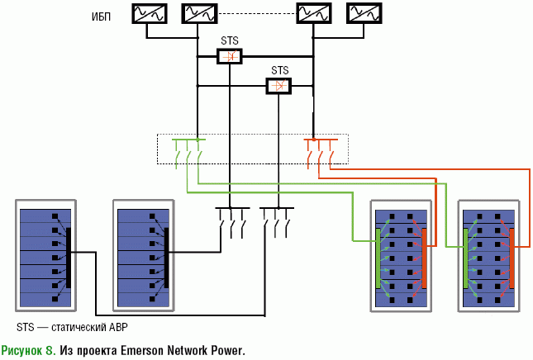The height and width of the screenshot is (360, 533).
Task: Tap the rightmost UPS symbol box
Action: (364, 13)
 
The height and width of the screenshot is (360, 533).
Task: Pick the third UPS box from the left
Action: (314, 13)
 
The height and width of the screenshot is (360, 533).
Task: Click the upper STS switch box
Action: (230, 57)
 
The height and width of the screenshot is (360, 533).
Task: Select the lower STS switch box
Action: (279, 86)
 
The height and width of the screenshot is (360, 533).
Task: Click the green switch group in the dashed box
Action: (188, 153)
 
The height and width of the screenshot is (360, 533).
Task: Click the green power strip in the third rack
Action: (378, 258)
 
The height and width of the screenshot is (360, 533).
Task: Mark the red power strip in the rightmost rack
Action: (512, 258)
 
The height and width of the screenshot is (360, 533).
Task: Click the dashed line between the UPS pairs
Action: (256, 13)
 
